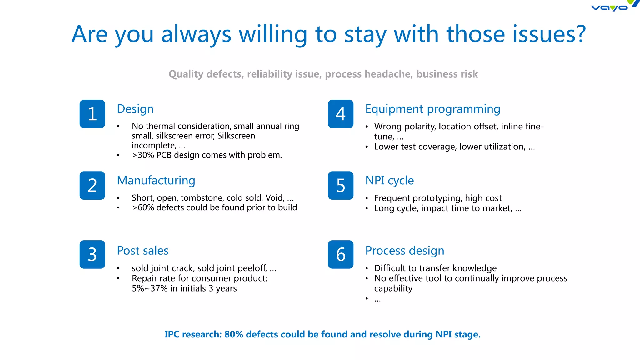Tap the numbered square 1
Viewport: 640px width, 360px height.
[x=92, y=114]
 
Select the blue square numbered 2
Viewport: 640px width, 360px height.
[x=92, y=185]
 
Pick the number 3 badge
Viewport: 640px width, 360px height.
[x=92, y=254]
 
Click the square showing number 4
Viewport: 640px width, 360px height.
[x=341, y=114]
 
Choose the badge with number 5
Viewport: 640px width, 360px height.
[x=341, y=185]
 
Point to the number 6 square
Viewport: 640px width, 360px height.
[x=341, y=254]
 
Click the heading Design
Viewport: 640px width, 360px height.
[x=135, y=109]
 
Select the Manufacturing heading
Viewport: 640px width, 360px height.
[x=156, y=181]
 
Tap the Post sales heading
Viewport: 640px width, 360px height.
[x=142, y=251]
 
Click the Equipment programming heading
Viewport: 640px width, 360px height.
[x=432, y=109]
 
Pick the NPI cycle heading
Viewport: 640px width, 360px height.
[x=389, y=181]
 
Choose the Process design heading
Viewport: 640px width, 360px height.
[x=405, y=251]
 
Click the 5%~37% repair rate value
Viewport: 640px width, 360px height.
[x=150, y=288]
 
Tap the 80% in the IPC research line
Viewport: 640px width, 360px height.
[x=233, y=334]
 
